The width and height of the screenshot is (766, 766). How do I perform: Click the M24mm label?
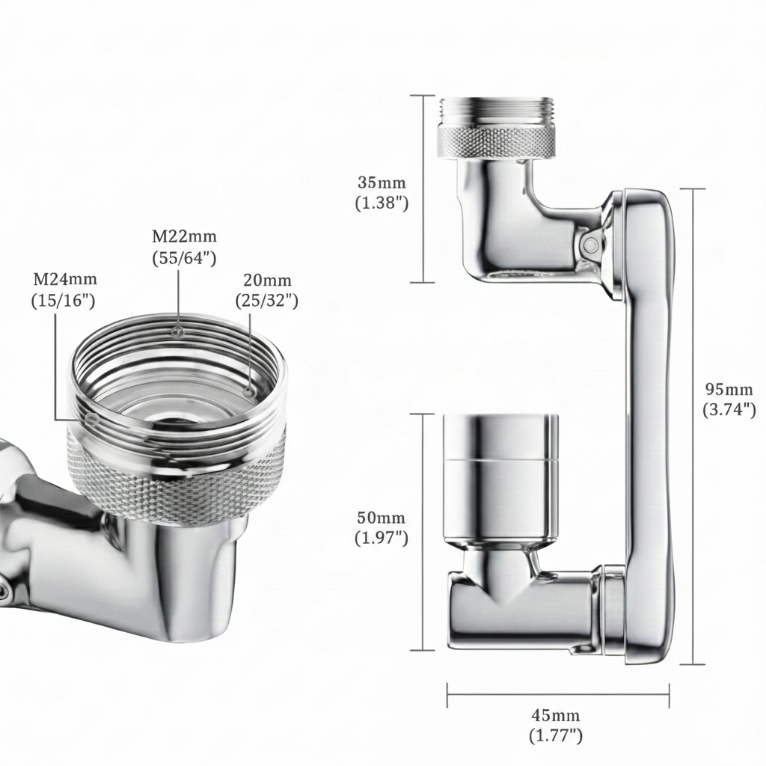(x=65, y=280)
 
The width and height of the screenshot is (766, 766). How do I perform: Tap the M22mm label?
(x=185, y=237)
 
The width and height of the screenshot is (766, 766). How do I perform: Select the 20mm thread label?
(x=267, y=281)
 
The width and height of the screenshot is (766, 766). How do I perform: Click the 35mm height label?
(x=382, y=183)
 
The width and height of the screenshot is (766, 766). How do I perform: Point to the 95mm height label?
(x=729, y=389)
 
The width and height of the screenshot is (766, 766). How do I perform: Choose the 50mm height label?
(x=382, y=518)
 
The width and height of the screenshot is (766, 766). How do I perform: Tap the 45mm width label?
(x=556, y=716)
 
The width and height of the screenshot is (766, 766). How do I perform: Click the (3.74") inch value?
(x=729, y=409)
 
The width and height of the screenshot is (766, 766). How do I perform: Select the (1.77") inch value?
(x=556, y=735)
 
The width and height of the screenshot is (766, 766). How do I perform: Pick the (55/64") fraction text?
(x=185, y=257)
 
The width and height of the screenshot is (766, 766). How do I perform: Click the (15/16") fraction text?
(x=65, y=300)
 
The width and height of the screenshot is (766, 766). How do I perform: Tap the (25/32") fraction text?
(x=267, y=301)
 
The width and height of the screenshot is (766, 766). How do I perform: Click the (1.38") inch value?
(x=382, y=203)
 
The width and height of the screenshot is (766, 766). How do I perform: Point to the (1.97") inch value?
(x=382, y=538)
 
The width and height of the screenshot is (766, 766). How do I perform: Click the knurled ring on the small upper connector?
(x=497, y=141)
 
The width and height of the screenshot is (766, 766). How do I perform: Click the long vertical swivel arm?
(x=647, y=426)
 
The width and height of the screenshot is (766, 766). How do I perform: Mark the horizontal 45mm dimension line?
(x=558, y=694)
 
